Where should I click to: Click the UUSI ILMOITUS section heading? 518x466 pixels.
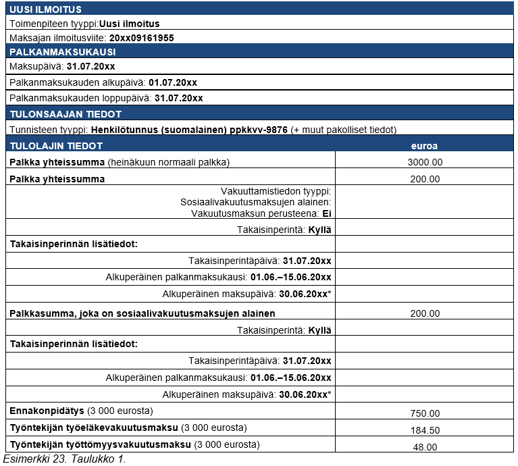click(46, 9)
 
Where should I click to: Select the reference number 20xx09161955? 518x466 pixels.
click(141, 38)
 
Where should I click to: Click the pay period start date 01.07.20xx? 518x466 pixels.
click(173, 82)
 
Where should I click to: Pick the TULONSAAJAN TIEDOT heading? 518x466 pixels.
click(66, 114)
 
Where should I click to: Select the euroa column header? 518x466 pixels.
click(424, 145)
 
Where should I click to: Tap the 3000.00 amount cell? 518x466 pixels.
click(424, 162)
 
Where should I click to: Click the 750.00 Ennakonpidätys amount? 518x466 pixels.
click(424, 413)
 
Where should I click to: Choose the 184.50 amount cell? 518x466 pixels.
click(424, 430)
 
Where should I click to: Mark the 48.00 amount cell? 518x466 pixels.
click(424, 446)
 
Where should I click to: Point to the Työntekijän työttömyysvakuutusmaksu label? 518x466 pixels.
click(100, 444)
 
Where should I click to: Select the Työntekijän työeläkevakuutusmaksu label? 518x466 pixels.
click(94, 428)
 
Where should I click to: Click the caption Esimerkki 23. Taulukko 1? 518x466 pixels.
click(64, 459)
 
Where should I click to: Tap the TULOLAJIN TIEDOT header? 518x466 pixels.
click(56, 145)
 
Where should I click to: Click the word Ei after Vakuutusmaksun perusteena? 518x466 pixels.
click(327, 213)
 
